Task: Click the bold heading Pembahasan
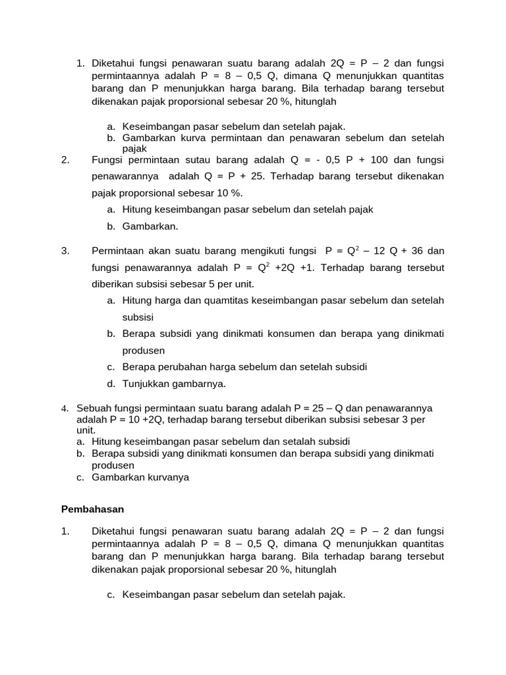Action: point(92,510)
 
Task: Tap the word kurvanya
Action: point(164,477)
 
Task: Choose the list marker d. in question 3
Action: point(111,384)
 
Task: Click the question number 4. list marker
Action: point(65,409)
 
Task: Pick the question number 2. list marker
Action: point(65,160)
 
